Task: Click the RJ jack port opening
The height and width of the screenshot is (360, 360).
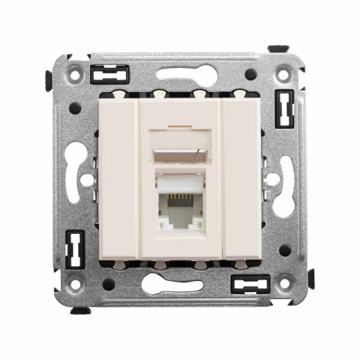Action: pos(179,206)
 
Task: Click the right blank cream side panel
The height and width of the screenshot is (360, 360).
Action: pos(240,179)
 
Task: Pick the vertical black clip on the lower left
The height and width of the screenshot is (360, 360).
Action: pos(75,249)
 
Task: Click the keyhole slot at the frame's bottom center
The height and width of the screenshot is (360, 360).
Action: pos(180,284)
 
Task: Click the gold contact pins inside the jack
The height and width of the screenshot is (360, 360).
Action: pos(179,200)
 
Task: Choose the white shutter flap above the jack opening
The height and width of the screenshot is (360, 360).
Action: pos(179,182)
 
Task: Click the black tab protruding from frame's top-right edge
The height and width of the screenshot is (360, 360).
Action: pos(278,49)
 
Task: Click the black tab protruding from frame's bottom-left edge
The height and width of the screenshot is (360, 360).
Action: pos(81,309)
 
